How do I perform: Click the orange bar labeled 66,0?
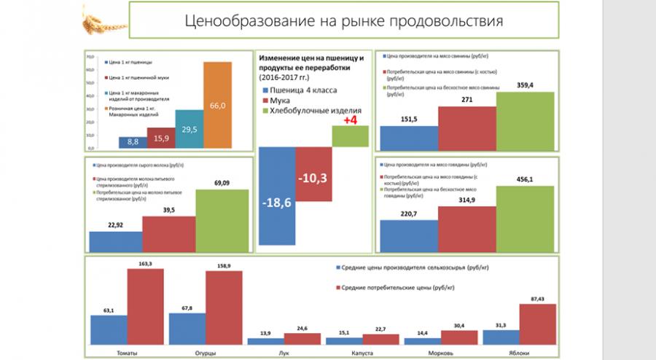217,104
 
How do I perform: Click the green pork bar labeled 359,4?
525,120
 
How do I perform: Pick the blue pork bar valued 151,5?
409,136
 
